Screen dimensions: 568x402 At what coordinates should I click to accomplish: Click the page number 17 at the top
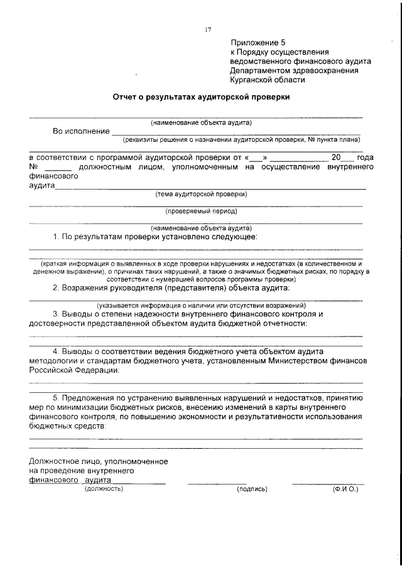click(208, 29)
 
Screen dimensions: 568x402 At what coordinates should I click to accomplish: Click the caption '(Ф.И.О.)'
click(345, 488)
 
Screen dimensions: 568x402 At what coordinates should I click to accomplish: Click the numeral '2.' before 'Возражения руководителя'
click(56, 287)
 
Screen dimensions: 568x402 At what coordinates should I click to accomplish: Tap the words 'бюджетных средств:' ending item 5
click(67, 425)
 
